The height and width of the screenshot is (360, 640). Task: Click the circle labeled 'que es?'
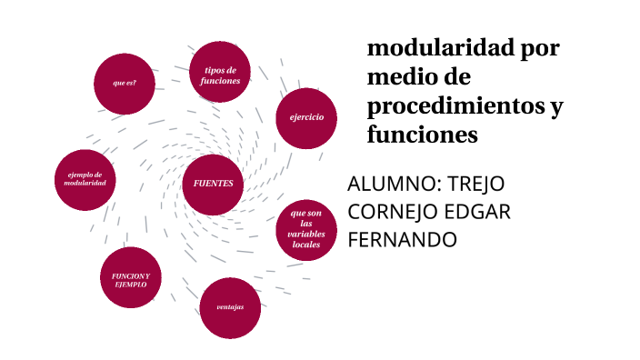[125, 84]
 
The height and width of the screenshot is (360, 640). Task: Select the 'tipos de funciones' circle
[221, 75]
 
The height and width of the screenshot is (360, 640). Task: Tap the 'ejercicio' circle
[306, 117]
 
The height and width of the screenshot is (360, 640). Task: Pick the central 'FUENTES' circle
[214, 184]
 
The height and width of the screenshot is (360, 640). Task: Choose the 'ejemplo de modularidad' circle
[85, 179]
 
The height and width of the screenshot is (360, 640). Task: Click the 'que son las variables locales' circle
[306, 229]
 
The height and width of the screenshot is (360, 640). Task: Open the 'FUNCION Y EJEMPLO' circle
[130, 278]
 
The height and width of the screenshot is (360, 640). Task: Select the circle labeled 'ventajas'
[230, 307]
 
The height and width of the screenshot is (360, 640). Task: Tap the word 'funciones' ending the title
[423, 135]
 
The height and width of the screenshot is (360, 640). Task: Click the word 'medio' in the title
[401, 77]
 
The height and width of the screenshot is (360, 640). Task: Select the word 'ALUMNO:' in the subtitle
[390, 184]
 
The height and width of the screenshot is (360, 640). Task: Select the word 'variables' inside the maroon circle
[306, 235]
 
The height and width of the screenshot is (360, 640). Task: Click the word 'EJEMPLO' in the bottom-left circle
[130, 285]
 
